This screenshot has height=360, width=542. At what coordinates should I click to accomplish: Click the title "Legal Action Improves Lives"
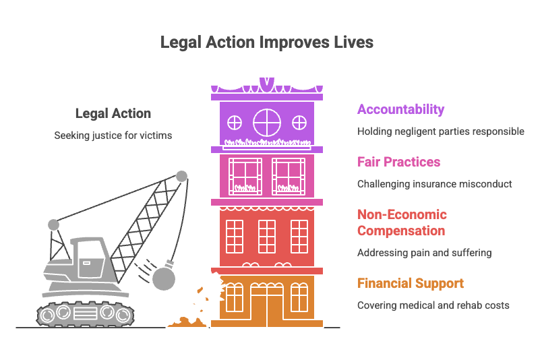coord(267,42)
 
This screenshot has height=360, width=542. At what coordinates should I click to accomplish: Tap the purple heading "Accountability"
coord(400,109)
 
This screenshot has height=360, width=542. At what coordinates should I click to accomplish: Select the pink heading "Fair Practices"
coord(398,162)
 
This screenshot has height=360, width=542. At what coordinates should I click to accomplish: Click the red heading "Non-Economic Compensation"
coord(402,222)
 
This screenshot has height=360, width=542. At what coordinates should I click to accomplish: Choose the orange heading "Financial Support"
coord(411,283)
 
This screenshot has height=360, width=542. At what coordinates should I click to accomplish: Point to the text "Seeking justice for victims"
coord(113,136)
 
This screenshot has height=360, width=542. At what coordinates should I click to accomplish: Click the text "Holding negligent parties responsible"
coord(441,131)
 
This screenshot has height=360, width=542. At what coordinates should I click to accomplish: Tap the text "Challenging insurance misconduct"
coord(435,184)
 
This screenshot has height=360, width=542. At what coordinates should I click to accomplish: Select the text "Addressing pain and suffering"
coord(425,253)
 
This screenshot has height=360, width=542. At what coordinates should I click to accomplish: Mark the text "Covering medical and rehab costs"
coord(433,305)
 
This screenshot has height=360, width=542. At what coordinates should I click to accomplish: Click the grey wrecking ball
coord(164,278)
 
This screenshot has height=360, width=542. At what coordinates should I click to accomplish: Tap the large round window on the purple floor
coord(267,123)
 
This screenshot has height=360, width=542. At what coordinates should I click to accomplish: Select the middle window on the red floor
coord(267,237)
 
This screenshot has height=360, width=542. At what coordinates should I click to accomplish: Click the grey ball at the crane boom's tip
coord(182,176)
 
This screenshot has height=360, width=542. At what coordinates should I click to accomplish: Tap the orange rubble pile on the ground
coord(187,322)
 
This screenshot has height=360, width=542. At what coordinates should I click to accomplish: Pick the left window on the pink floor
coord(245,177)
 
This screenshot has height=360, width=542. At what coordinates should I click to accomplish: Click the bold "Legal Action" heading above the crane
coord(113,113)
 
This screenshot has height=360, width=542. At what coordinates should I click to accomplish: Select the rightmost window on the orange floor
coord(299,297)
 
